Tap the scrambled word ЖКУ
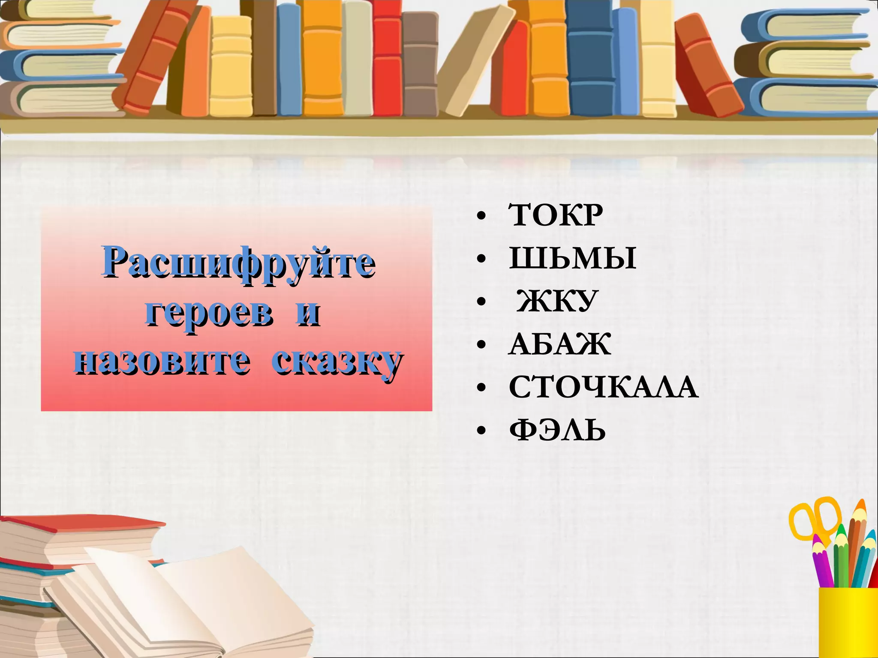[x=557, y=301]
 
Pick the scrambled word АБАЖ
[x=559, y=344]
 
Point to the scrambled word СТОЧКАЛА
[x=603, y=387]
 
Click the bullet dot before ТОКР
[x=481, y=217]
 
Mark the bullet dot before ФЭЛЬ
[x=481, y=431]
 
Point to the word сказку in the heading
[x=337, y=362]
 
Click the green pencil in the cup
[x=841, y=557]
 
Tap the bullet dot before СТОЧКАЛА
[x=481, y=389]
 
